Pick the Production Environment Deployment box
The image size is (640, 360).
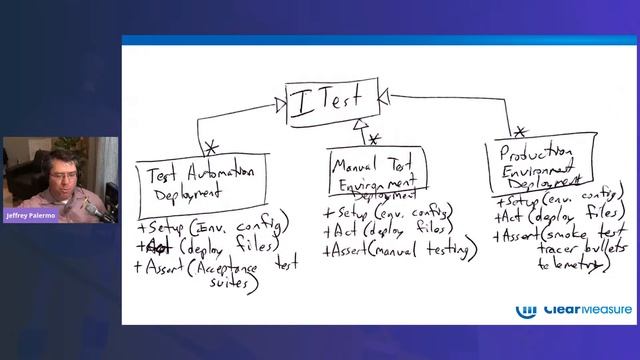click(536, 166)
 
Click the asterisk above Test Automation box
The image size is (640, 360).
click(211, 148)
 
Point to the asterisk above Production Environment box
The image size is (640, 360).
click(519, 131)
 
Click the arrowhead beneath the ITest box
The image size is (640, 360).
click(359, 123)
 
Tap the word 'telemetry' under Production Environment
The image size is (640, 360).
click(571, 265)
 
